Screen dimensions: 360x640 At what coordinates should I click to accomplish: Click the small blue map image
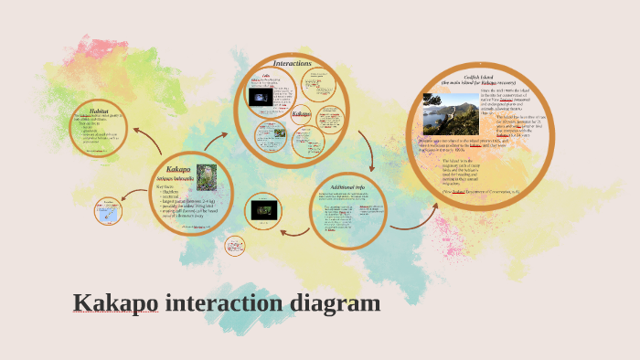(109, 213)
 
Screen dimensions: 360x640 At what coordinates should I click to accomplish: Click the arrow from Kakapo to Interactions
(218, 139)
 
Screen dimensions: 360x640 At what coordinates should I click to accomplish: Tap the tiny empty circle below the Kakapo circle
(232, 247)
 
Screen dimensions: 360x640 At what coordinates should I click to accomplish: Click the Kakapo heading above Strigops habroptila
(179, 169)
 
